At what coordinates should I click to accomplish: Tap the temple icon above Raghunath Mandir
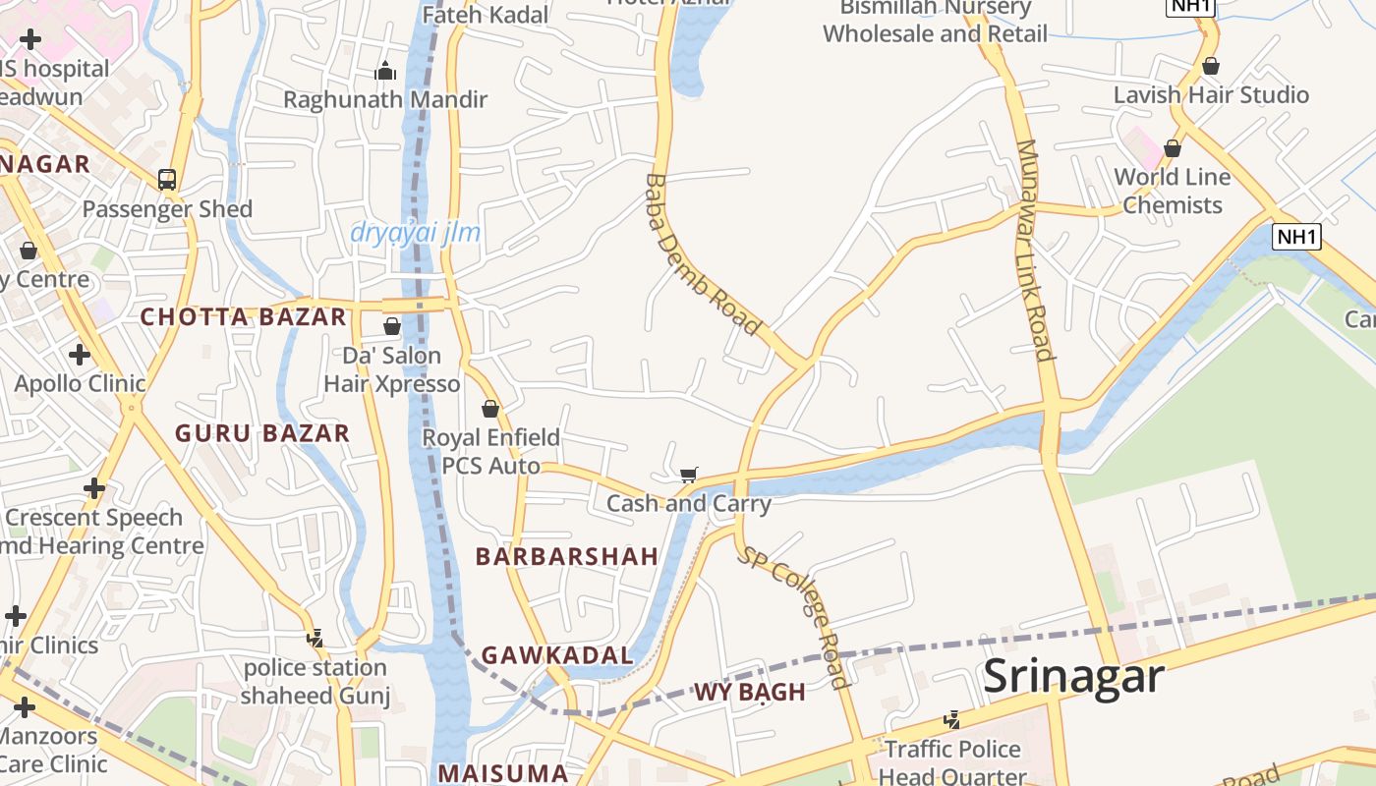[385, 71]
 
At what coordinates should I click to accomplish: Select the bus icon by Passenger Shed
[167, 180]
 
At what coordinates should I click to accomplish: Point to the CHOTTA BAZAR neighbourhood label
[244, 317]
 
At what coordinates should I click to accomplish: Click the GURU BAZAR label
[262, 433]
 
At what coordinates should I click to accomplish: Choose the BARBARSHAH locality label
[567, 556]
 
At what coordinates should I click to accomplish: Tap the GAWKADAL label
[557, 655]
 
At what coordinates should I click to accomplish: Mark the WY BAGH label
[750, 692]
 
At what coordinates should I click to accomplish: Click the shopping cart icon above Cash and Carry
[689, 476]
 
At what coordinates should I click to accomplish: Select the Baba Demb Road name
[703, 253]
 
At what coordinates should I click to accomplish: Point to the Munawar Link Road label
[1035, 251]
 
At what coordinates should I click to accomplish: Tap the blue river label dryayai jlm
[416, 233]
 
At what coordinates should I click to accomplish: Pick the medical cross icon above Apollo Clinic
[80, 355]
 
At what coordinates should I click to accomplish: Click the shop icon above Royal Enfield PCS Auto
[490, 409]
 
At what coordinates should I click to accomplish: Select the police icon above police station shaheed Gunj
[315, 639]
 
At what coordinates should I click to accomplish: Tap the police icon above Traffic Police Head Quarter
[951, 720]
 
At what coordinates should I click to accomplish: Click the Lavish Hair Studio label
[1211, 95]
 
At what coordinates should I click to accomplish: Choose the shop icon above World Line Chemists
[1173, 148]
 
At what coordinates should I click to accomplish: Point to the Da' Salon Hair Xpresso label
[392, 369]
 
